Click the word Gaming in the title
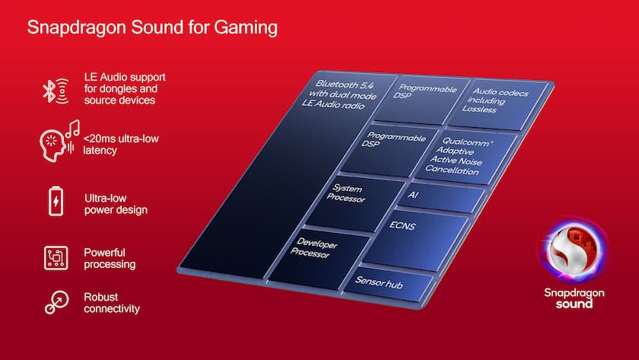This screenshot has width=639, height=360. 246,28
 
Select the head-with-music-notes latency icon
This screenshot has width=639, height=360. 59,141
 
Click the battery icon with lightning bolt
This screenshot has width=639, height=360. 56,201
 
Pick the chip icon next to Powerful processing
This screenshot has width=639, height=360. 56,258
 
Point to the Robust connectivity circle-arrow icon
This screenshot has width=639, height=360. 56,302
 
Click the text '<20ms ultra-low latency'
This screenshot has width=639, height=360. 121,145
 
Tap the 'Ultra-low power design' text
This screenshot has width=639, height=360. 116,204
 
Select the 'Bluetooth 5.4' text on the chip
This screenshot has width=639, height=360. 345,84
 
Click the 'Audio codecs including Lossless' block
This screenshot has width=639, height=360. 498,105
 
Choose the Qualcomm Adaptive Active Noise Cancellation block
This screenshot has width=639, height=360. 466,157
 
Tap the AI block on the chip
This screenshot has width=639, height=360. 441,197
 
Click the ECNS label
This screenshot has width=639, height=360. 402,225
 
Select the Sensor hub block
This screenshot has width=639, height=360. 387,284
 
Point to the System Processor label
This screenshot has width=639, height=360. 346,193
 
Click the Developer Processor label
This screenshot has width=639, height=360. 314,248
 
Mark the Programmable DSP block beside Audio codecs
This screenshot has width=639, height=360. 421,100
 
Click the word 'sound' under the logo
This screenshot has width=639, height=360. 574,304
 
